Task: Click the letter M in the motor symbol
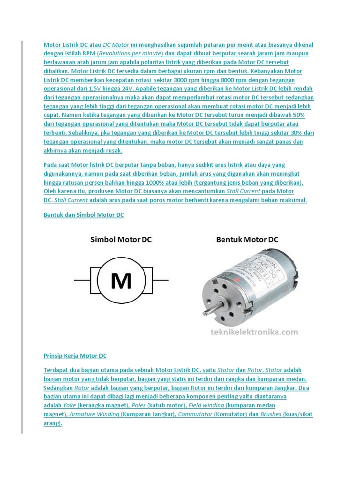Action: (120, 281)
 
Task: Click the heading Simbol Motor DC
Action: (121, 240)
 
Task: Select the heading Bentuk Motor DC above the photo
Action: (247, 240)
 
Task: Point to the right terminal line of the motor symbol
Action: (160, 280)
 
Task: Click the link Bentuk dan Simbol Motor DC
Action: (83, 215)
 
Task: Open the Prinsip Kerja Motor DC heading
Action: (75, 356)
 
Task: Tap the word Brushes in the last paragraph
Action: (271, 414)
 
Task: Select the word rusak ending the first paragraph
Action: (113, 150)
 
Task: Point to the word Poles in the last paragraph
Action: (138, 405)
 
